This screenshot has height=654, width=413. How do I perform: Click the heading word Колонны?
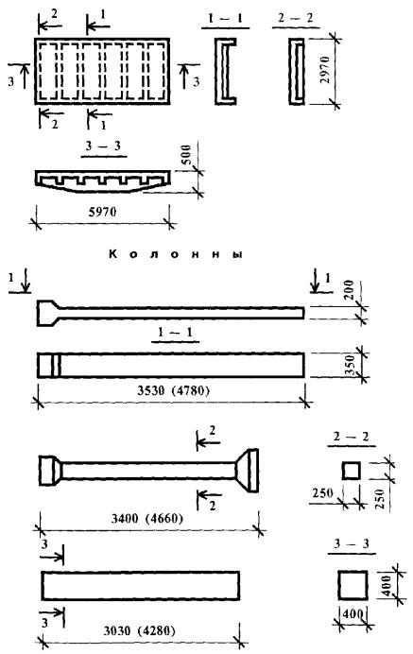pos(175,254)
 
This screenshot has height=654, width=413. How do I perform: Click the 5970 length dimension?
pos(103,212)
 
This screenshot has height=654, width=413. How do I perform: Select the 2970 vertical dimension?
pos(325,70)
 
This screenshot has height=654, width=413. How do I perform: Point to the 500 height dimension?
pos(186,155)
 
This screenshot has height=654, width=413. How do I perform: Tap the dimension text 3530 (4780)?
pos(173,391)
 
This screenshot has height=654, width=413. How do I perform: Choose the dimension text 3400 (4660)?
pos(147,519)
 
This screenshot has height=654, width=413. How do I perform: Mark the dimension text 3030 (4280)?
pos(139,631)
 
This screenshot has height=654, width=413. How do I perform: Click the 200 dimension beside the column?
pos(349,290)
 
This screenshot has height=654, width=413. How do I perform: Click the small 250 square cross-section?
pos(351,471)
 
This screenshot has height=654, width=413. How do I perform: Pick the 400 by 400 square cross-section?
pos(353,585)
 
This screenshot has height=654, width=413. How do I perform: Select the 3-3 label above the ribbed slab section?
pos(103,146)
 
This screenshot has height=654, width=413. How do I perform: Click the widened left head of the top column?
pos(48,313)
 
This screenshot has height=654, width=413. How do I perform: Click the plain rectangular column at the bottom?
pos(141,586)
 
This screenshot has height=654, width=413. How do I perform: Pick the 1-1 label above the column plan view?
pos(175,333)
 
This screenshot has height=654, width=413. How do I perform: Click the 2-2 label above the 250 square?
pos(352,437)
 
